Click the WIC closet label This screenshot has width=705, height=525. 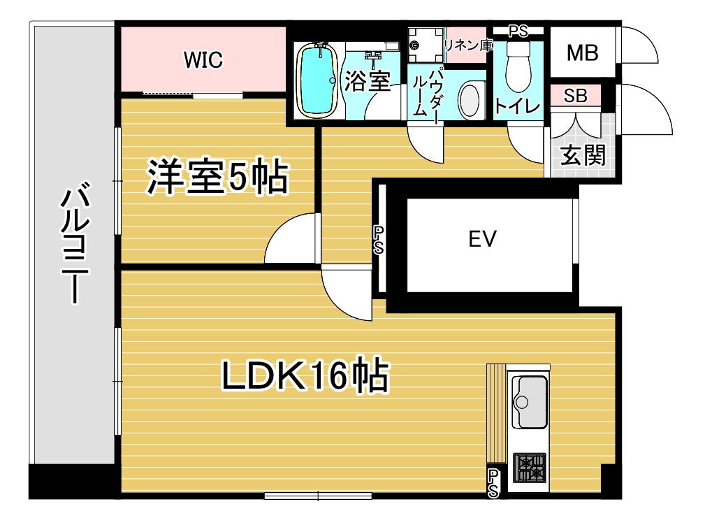pyautogui.click(x=203, y=60)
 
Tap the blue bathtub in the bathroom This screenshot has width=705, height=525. pyautogui.click(x=318, y=80)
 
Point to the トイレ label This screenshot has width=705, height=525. pyautogui.click(x=516, y=106)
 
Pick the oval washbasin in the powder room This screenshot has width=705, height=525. pyautogui.click(x=470, y=101)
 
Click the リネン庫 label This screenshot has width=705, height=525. pyautogui.click(x=468, y=45)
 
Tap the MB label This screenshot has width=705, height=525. pyautogui.click(x=582, y=52)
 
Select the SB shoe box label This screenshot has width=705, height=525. pyautogui.click(x=575, y=96)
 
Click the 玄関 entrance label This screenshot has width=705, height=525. pyautogui.click(x=583, y=155)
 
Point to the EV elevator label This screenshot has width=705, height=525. pyautogui.click(x=482, y=239)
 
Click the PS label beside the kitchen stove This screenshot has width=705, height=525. pyautogui.click(x=493, y=484)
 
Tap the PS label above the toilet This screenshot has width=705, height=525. pyautogui.click(x=518, y=31)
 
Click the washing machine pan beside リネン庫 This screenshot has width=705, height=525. pyautogui.click(x=426, y=45)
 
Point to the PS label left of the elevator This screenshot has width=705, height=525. pyautogui.click(x=379, y=240)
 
